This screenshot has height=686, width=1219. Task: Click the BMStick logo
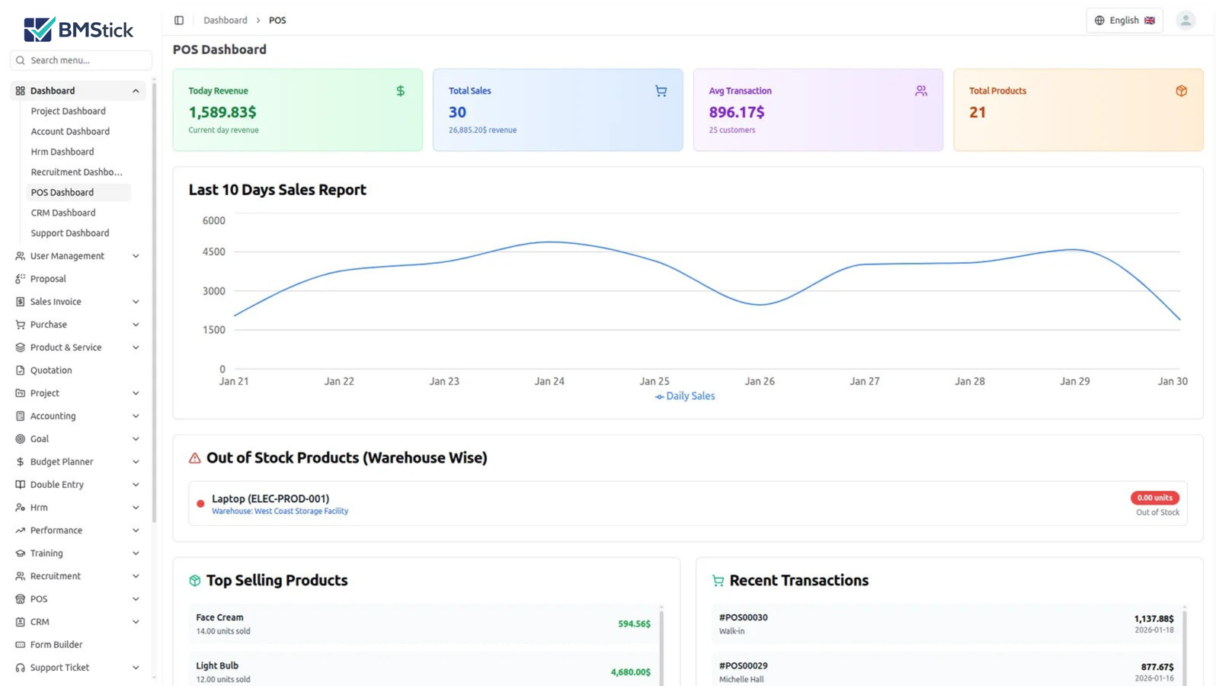coord(78,29)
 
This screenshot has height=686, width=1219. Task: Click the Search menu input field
coord(84,60)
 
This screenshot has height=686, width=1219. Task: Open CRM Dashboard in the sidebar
coord(63,213)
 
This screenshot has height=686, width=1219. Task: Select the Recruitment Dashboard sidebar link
coord(76,172)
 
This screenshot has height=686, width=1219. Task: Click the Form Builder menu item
coord(56,645)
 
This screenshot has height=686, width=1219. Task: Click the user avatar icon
coord(1185,21)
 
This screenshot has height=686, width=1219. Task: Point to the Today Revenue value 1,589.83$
coord(222,112)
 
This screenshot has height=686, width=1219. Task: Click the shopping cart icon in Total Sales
coord(661,91)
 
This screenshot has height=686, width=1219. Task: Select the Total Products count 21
coord(977,112)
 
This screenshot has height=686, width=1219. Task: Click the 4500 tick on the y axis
coord(214,252)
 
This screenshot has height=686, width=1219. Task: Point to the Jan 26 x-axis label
coord(759,381)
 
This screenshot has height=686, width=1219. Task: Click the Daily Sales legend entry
coord(685,396)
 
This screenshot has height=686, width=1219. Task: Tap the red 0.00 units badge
coord(1154,498)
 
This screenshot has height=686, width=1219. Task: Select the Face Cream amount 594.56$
coord(634,623)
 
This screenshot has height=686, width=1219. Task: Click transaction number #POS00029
coord(743,666)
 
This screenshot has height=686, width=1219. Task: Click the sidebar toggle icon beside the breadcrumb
coord(179,21)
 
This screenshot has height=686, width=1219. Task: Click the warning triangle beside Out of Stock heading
coord(195,458)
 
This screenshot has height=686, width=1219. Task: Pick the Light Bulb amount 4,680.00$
coord(630,672)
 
